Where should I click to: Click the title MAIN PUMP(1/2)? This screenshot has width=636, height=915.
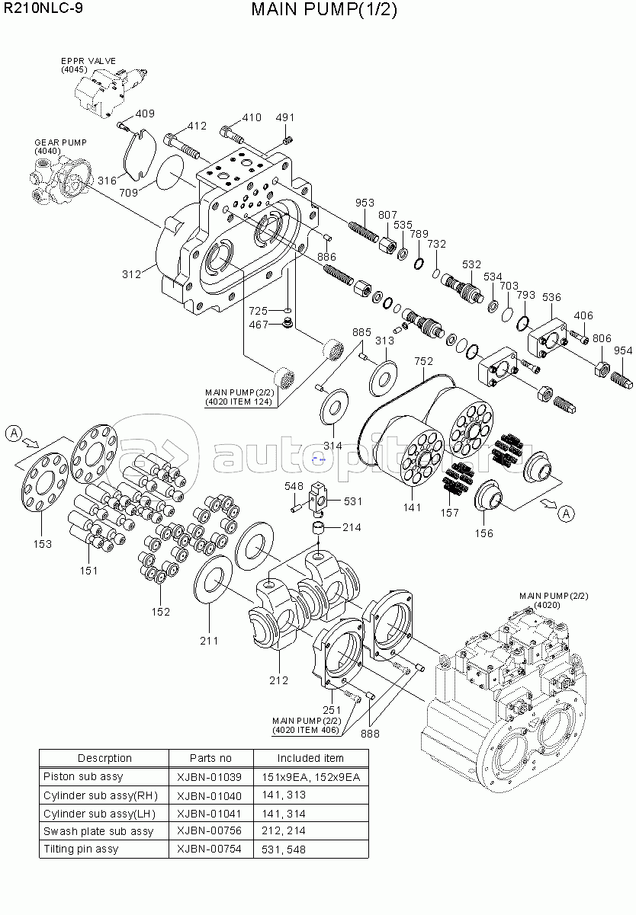[324, 10]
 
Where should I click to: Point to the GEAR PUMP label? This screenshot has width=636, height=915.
[60, 142]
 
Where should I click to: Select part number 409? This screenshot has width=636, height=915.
[144, 114]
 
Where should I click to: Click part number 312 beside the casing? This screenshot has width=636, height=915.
[131, 274]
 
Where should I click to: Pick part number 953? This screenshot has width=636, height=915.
[365, 203]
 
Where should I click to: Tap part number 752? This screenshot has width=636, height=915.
[423, 360]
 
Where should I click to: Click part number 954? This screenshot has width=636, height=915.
[623, 350]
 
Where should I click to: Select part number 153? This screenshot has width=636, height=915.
[43, 543]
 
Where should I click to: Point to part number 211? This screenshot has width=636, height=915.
[209, 641]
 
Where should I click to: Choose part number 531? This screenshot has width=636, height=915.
[353, 501]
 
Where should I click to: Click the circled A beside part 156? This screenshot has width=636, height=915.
[566, 513]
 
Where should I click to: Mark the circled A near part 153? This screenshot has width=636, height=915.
[14, 433]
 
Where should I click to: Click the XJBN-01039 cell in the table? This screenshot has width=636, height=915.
[209, 777]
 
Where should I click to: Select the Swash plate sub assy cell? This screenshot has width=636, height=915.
[98, 831]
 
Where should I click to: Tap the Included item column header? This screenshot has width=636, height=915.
[310, 758]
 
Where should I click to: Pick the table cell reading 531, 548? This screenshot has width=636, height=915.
[284, 849]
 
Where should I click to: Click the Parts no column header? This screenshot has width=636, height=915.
[210, 758]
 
